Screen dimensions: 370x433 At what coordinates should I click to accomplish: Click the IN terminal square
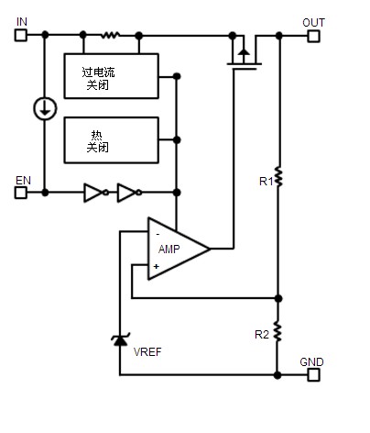(x=21, y=35)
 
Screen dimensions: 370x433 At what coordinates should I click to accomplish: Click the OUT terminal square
(x=313, y=36)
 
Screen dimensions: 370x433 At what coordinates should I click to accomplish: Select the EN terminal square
(x=21, y=193)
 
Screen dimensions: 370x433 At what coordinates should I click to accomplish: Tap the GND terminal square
(x=313, y=374)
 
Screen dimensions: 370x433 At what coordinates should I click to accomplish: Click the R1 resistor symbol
(x=278, y=177)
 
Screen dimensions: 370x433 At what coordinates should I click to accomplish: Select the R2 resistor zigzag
(x=277, y=331)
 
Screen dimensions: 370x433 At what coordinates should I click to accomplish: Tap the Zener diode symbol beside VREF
(x=120, y=339)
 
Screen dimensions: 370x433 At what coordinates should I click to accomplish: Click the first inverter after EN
(x=96, y=193)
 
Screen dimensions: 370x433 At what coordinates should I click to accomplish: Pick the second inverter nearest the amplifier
(x=129, y=193)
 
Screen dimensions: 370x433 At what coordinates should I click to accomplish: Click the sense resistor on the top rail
(x=110, y=35)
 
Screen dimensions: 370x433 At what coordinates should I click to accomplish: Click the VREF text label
(x=147, y=352)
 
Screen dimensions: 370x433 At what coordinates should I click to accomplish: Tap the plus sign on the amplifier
(x=157, y=266)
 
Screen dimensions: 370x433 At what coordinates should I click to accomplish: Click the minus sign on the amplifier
(x=158, y=235)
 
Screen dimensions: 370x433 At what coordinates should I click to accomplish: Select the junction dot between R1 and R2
(x=278, y=298)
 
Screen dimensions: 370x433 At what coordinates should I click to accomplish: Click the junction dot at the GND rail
(x=277, y=375)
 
